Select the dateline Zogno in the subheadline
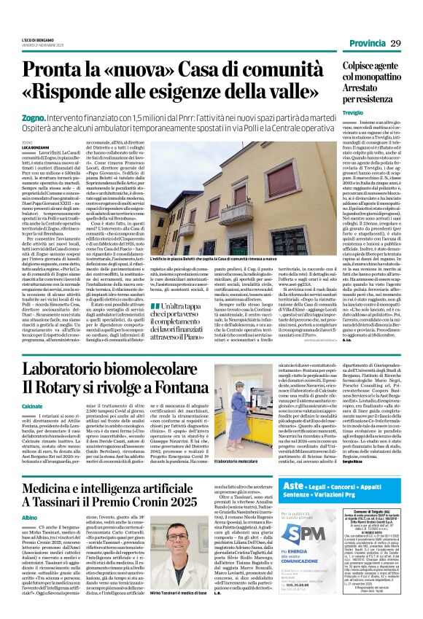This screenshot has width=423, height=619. tap(51, 117)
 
